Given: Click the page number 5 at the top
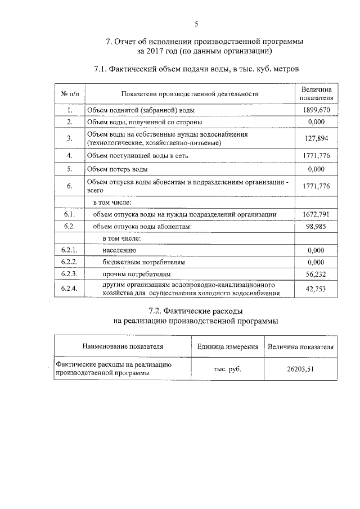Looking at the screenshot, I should (196, 24).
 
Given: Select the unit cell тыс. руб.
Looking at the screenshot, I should (228, 368).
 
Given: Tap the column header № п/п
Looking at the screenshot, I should (69, 94).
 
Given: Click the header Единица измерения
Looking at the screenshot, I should (228, 346).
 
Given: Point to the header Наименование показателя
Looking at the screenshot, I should (122, 346).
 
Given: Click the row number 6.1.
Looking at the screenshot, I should (69, 214).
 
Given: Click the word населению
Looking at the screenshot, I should (119, 250).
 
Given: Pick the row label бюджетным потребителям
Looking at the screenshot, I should (144, 262).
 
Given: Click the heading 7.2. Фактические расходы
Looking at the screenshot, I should (196, 310).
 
